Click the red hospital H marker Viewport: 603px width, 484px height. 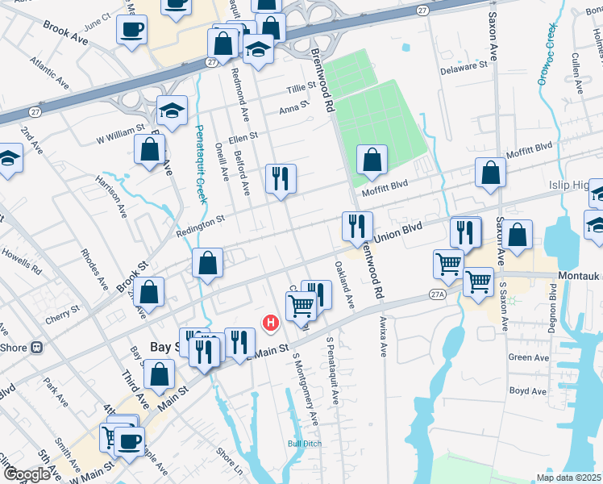point(271,323)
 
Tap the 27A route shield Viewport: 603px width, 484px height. point(437,295)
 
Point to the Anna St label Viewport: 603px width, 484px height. point(294,108)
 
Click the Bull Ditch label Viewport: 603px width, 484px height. point(306,443)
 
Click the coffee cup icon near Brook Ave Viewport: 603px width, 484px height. point(131,31)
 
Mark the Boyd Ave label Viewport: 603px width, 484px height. point(529,391)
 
